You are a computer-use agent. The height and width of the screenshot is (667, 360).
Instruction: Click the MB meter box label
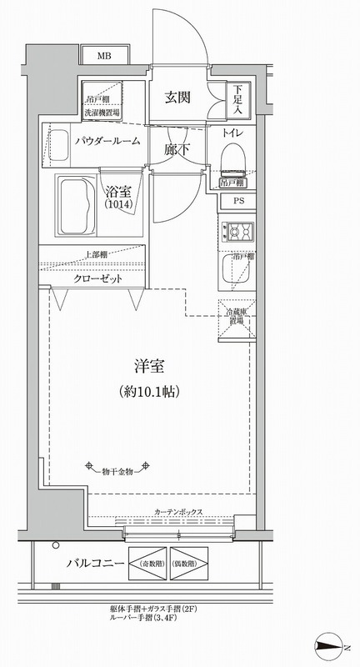tap(104, 56)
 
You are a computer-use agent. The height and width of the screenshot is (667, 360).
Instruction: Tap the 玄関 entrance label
tap(177, 97)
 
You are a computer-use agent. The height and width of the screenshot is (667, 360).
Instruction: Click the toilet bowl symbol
tap(232, 156)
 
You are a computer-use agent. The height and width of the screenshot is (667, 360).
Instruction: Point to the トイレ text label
tap(233, 133)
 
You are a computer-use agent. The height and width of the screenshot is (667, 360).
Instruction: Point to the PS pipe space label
tap(238, 201)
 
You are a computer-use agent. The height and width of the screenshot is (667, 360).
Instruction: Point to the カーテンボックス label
tap(178, 513)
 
